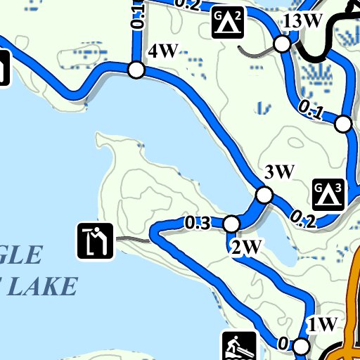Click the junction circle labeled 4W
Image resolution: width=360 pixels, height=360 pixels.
tap(136, 70)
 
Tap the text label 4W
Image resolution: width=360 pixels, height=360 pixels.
tap(162, 51)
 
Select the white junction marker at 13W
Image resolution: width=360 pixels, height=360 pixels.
tap(282, 44)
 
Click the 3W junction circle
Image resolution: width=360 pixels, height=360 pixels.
tap(264, 194)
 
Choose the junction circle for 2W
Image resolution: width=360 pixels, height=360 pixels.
tap(231, 224)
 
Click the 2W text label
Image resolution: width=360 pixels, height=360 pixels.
tap(246, 247)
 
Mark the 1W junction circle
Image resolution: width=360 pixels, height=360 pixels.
tap(301, 346)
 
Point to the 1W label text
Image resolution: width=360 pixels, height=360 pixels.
tap(323, 325)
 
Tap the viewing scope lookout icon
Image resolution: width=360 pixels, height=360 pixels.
tap(94, 240)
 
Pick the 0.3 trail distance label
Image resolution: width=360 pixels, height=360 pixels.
tap(198, 224)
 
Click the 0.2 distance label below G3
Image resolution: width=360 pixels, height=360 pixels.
tap(302, 220)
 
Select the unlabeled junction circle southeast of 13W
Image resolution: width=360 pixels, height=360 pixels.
tap(343, 124)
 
